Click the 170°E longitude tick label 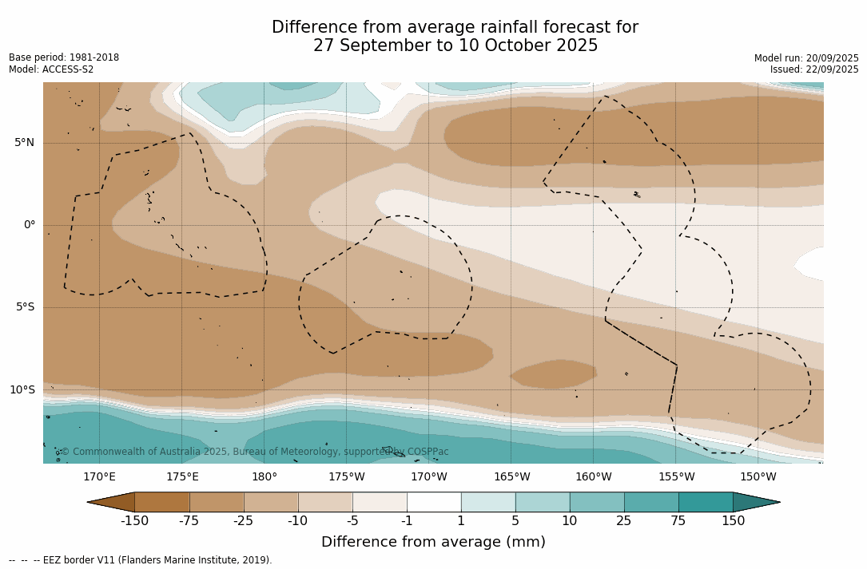pyautogui.click(x=99, y=477)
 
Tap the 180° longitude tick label pyautogui.click(x=264, y=477)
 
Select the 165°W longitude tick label pyautogui.click(x=511, y=477)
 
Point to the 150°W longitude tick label pyautogui.click(x=758, y=477)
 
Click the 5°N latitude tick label pyautogui.click(x=24, y=143)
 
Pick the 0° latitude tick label pyautogui.click(x=30, y=225)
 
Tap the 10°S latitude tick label pyautogui.click(x=22, y=390)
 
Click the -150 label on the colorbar pyautogui.click(x=135, y=521)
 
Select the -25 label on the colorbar pyautogui.click(x=244, y=521)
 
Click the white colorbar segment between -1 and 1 pyautogui.click(x=434, y=502)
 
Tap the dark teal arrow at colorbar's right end pyautogui.click(x=755, y=502)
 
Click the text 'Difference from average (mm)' pyautogui.click(x=433, y=543)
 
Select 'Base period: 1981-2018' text pyautogui.click(x=64, y=57)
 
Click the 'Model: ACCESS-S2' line pyautogui.click(x=51, y=69)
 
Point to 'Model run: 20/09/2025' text pyautogui.click(x=806, y=58)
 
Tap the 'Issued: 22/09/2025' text pyautogui.click(x=814, y=69)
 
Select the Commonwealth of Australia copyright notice pyautogui.click(x=255, y=452)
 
